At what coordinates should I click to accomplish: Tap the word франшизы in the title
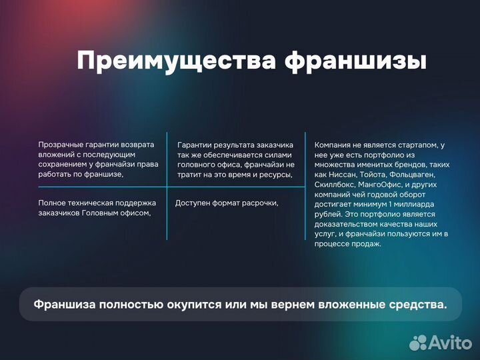pos(355,61)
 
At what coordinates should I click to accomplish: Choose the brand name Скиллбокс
pos(335,184)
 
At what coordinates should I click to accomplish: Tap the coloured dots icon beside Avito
pos(419,342)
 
